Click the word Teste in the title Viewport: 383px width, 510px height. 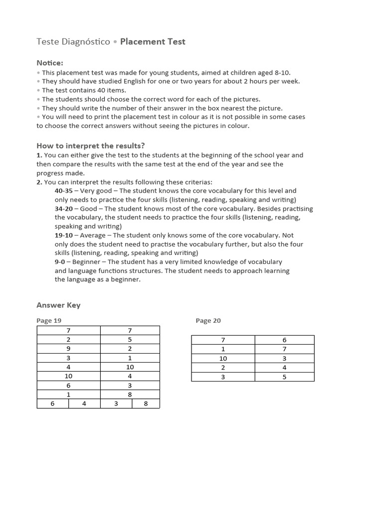click(x=47, y=42)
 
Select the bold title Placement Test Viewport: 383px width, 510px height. click(x=153, y=42)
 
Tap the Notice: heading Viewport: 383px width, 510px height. click(x=50, y=63)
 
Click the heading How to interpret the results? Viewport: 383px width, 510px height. click(x=90, y=145)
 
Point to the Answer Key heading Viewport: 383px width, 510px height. click(x=58, y=305)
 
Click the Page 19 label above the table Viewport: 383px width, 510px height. click(x=49, y=321)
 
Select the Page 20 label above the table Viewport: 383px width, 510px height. click(x=208, y=321)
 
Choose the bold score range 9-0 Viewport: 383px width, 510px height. click(x=61, y=262)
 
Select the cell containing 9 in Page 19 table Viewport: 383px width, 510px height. click(x=68, y=349)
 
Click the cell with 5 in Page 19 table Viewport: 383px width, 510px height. click(x=130, y=340)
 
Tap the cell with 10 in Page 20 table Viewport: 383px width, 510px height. click(x=223, y=359)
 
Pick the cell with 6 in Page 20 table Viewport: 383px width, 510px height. click(x=284, y=340)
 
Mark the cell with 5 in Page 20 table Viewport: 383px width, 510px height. click(x=284, y=377)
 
